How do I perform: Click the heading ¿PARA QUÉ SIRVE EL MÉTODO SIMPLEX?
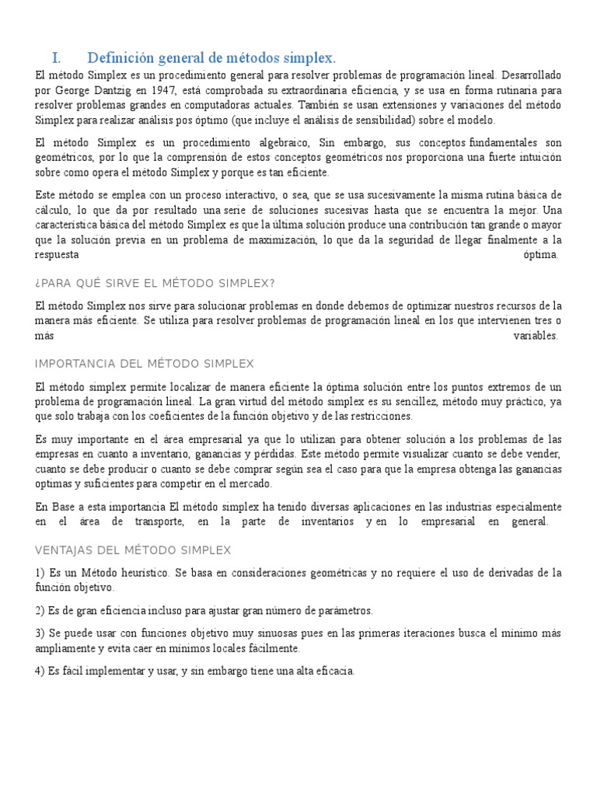[155, 282]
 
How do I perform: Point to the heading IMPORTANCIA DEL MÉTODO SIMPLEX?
[145, 364]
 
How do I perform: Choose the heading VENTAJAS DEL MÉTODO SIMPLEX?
[133, 550]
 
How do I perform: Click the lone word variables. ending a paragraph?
[536, 336]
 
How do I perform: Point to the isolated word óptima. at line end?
[542, 254]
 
